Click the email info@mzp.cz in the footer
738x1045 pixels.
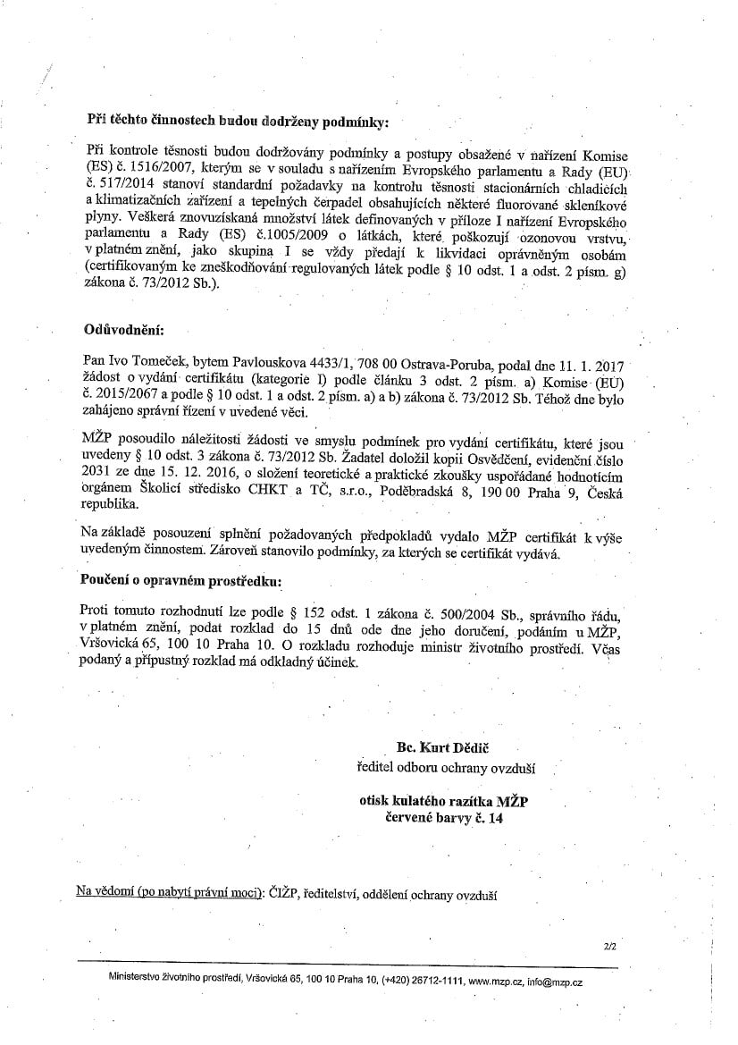[555, 982]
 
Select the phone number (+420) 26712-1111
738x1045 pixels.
[423, 982]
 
